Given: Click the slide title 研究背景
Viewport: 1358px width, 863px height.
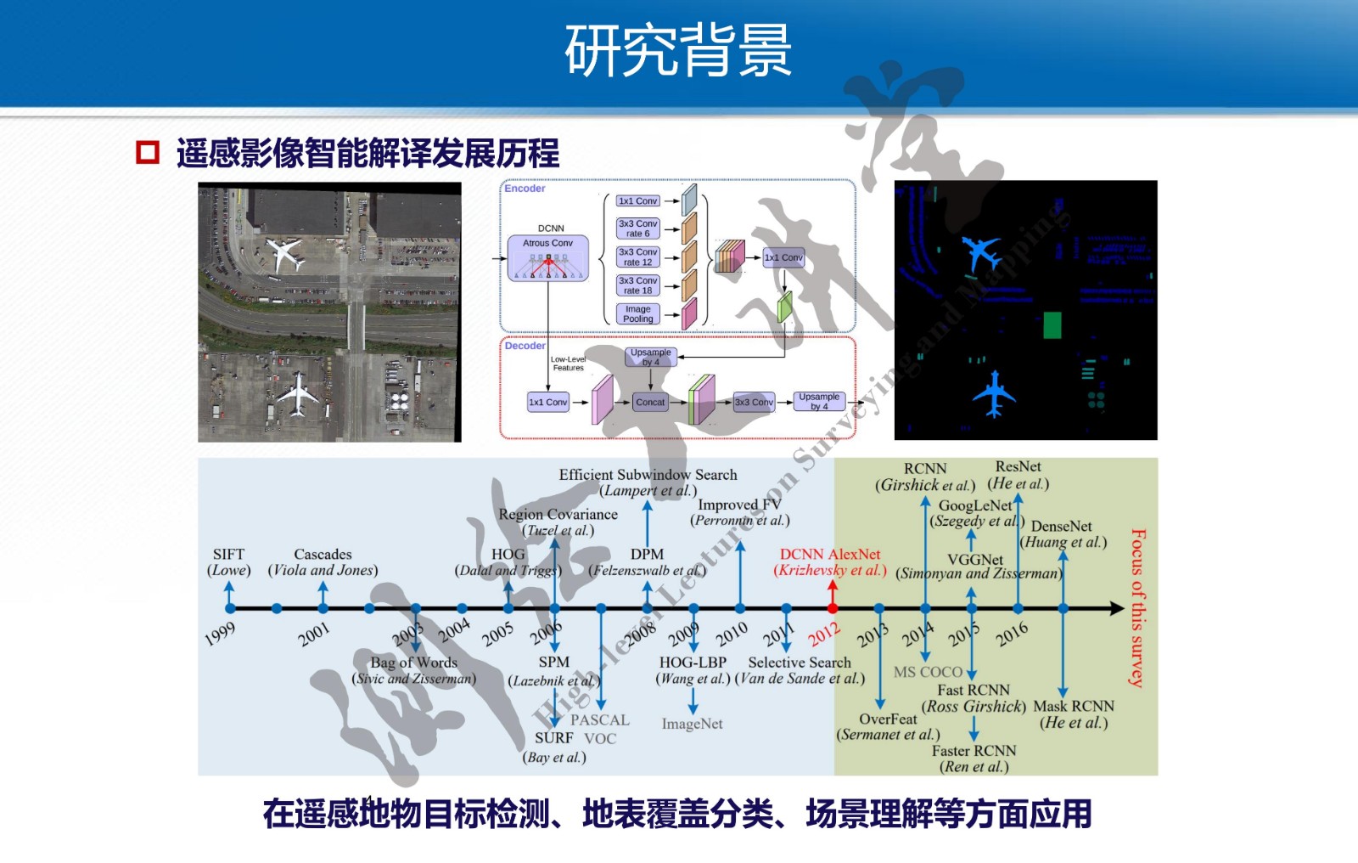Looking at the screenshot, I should pos(678,50).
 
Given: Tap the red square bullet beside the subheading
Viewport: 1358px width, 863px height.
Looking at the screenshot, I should pos(148,152).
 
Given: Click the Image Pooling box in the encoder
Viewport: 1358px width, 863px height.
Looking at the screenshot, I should pos(637,314).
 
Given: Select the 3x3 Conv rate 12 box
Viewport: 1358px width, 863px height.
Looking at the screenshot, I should pos(637,257).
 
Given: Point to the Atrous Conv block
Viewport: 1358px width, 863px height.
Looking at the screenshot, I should pos(547,257).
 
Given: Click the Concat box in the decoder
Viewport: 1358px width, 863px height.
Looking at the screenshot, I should pos(650,403).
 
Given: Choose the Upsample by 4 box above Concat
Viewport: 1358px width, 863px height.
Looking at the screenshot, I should pos(651,358).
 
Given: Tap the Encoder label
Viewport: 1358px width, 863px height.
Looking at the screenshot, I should pos(525,189).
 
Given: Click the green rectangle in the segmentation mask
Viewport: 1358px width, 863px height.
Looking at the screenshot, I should pos(1052,325).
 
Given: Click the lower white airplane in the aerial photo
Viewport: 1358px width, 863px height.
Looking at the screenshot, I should pos(297,393).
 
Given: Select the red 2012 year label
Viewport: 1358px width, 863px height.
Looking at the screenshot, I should pos(823,634).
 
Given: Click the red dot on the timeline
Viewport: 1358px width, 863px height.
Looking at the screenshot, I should pos(833,608).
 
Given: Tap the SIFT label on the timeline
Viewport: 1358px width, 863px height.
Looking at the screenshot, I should pos(228,554).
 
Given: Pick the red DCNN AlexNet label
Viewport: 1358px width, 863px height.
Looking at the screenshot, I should pos(830,554).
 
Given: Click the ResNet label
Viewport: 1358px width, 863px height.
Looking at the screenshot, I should pos(1018,466).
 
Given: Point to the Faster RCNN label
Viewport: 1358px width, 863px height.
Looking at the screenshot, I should pos(974,751).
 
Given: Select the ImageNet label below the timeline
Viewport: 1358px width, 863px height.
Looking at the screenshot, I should pos(692,724).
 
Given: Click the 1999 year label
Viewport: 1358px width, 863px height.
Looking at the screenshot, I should pos(220,634).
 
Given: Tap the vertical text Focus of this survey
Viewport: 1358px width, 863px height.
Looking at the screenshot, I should pos(1138,607).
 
